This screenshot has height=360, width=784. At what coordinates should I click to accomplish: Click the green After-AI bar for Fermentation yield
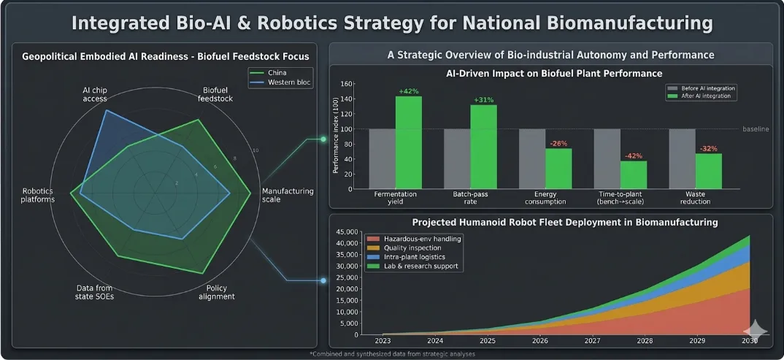tap(409, 142)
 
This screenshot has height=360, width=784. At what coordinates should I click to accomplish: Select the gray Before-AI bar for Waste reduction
tap(682, 158)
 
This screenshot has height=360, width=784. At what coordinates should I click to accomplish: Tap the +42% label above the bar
tap(409, 91)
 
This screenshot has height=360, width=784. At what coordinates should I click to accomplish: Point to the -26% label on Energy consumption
tap(558, 143)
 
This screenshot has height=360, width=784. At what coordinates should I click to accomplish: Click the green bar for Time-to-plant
tap(634, 175)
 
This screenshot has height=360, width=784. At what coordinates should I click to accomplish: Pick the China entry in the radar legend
tap(273, 73)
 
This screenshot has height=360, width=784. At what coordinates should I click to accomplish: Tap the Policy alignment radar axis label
tap(216, 292)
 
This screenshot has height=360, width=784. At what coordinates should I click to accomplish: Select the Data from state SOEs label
tap(95, 292)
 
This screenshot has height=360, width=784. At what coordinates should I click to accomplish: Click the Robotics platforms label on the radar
tap(38, 195)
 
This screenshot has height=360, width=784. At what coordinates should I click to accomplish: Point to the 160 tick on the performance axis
tap(346, 84)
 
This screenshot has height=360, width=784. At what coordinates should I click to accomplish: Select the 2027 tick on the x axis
tap(593, 341)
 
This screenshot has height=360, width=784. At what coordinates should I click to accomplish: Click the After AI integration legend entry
tap(702, 96)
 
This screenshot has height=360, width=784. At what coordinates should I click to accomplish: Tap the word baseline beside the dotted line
tap(756, 129)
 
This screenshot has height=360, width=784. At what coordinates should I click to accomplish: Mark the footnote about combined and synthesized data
tap(392, 353)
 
